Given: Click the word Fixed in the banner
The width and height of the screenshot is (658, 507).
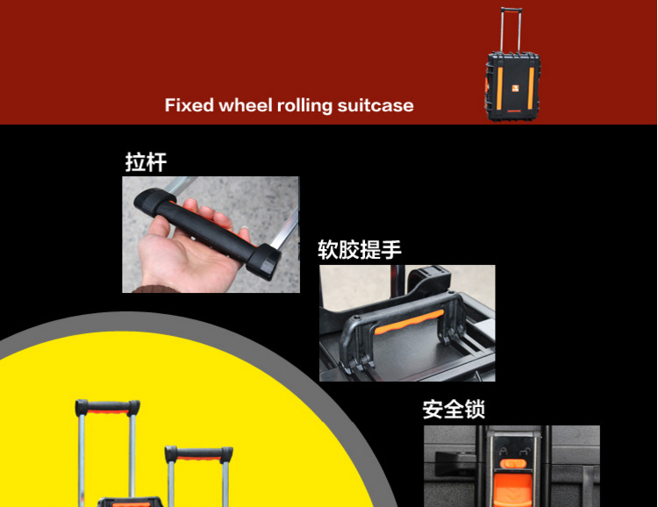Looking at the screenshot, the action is click(x=189, y=105).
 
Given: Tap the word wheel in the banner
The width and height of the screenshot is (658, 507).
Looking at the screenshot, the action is click(x=246, y=105).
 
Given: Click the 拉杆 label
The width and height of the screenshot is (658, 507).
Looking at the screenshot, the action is click(x=146, y=163).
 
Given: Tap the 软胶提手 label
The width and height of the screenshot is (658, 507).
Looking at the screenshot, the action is click(x=360, y=250).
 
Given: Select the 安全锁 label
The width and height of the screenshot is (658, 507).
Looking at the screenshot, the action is click(x=454, y=410).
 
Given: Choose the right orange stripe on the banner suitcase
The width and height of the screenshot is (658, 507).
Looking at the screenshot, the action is click(x=532, y=88).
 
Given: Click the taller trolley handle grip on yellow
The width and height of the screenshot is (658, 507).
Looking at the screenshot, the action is click(x=107, y=407).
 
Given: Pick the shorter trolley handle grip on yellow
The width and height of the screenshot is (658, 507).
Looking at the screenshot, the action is click(x=199, y=453).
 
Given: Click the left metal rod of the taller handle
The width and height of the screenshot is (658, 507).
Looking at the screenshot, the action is click(x=82, y=456).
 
